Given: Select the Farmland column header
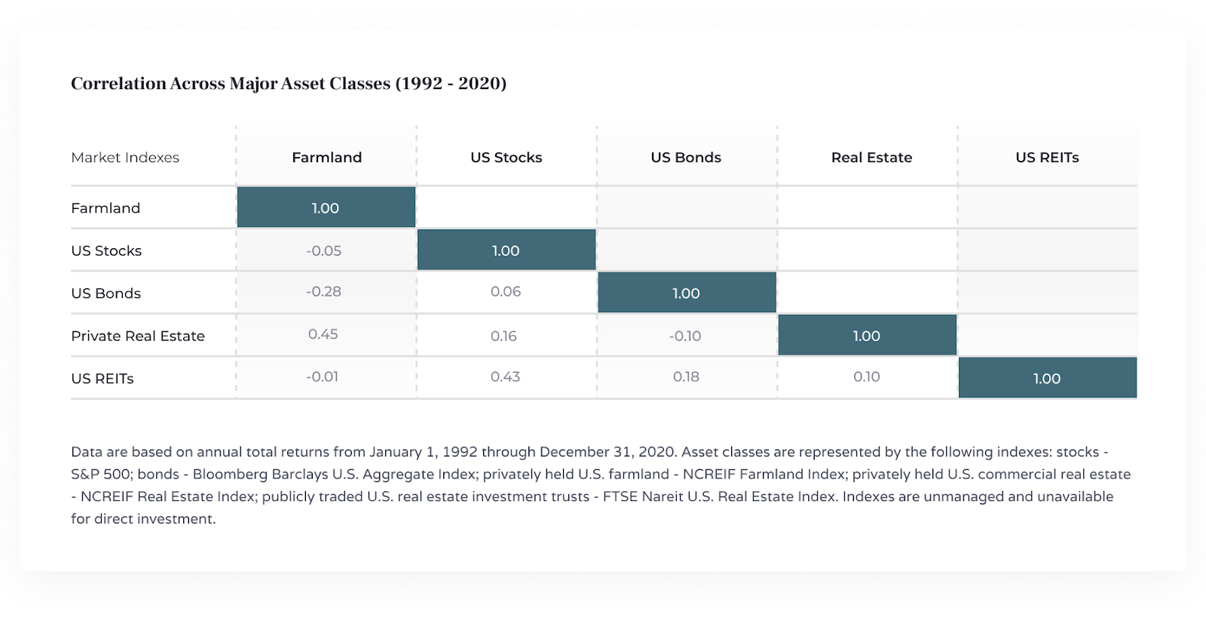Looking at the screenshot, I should [x=326, y=158].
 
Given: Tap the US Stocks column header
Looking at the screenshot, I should [x=506, y=158].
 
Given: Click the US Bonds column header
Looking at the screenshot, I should [x=686, y=158].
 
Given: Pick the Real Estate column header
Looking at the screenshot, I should [x=871, y=158].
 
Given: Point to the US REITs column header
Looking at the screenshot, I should [x=1047, y=158].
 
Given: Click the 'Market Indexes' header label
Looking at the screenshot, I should [x=125, y=158].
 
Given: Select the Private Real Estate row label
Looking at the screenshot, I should [x=138, y=336].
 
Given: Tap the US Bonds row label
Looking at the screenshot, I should [x=106, y=294].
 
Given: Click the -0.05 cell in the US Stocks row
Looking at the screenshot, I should [x=323, y=251].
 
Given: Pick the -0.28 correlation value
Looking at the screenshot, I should [x=323, y=291].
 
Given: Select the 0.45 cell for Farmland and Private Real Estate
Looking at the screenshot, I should [x=323, y=334].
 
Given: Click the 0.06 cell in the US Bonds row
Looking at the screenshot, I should [x=505, y=291].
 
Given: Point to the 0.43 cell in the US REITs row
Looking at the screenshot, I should [x=505, y=377].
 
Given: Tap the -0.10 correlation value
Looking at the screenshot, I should [x=684, y=336].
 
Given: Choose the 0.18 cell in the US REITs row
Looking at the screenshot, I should [x=686, y=377].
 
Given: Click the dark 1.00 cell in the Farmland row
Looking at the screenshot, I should [x=326, y=208].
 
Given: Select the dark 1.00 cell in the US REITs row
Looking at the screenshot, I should [x=1047, y=378].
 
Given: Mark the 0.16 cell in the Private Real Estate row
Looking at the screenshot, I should [x=504, y=336].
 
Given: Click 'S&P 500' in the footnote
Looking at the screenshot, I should [x=102, y=475].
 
